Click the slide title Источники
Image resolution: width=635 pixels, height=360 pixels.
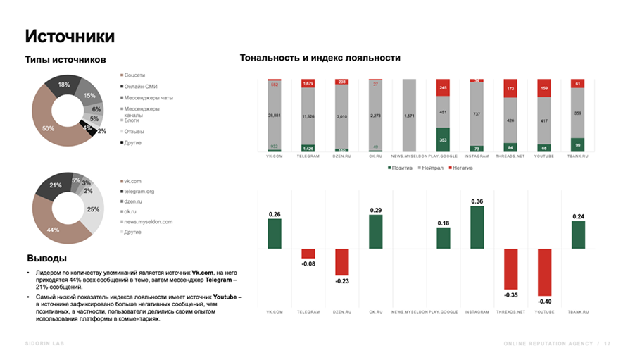coord(70,36)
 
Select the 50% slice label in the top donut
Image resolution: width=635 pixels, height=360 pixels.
coord(48,128)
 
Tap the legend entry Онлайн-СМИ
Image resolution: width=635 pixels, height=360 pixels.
coord(141,86)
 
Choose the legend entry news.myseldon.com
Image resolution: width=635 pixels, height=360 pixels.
coord(148,221)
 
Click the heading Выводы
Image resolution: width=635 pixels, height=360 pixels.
coord(47,258)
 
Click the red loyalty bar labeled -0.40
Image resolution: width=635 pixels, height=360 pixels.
coord(545,273)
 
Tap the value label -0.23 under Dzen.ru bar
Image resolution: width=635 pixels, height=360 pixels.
coord(342,280)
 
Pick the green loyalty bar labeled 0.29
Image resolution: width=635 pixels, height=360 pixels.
coord(376,232)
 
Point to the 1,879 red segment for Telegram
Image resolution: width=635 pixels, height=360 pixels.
coord(308,83)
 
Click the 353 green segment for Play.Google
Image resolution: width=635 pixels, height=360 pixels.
coord(443,139)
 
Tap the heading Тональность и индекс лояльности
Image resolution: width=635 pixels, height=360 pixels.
coord(320,58)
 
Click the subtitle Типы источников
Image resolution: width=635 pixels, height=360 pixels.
coord(65,60)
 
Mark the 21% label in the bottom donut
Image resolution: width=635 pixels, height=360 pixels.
coord(56,185)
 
